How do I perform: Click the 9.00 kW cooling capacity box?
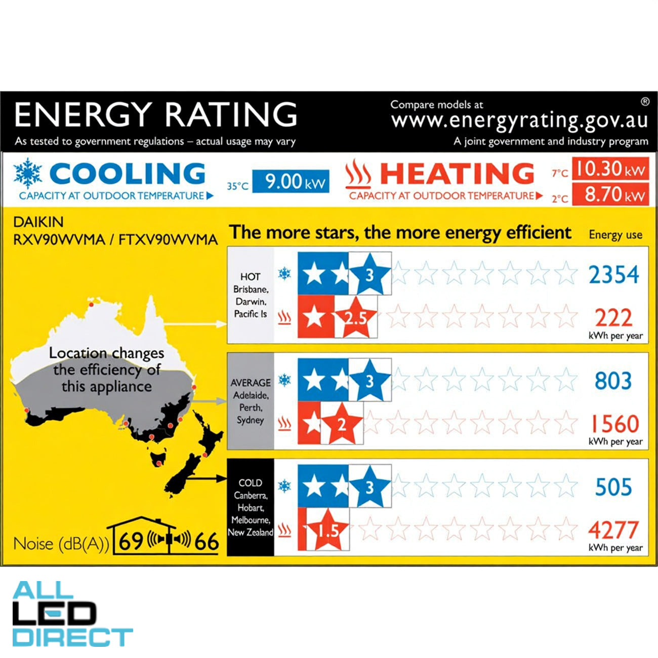click(x=291, y=182)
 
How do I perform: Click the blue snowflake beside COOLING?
click(x=28, y=173)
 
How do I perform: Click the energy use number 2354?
click(x=613, y=275)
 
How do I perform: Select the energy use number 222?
click(x=613, y=318)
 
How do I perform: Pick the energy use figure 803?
click(x=613, y=381)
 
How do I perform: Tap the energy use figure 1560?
click(x=614, y=424)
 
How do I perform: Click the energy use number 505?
click(x=613, y=487)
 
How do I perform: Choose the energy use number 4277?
click(x=613, y=530)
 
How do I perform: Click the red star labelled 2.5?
click(x=356, y=318)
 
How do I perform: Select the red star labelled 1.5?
click(x=328, y=530)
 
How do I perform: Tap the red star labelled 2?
click(x=342, y=424)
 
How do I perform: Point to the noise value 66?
click(x=207, y=542)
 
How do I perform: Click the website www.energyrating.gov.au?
click(x=519, y=120)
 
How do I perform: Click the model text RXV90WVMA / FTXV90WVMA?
click(x=115, y=239)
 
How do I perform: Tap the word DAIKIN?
click(x=38, y=222)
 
